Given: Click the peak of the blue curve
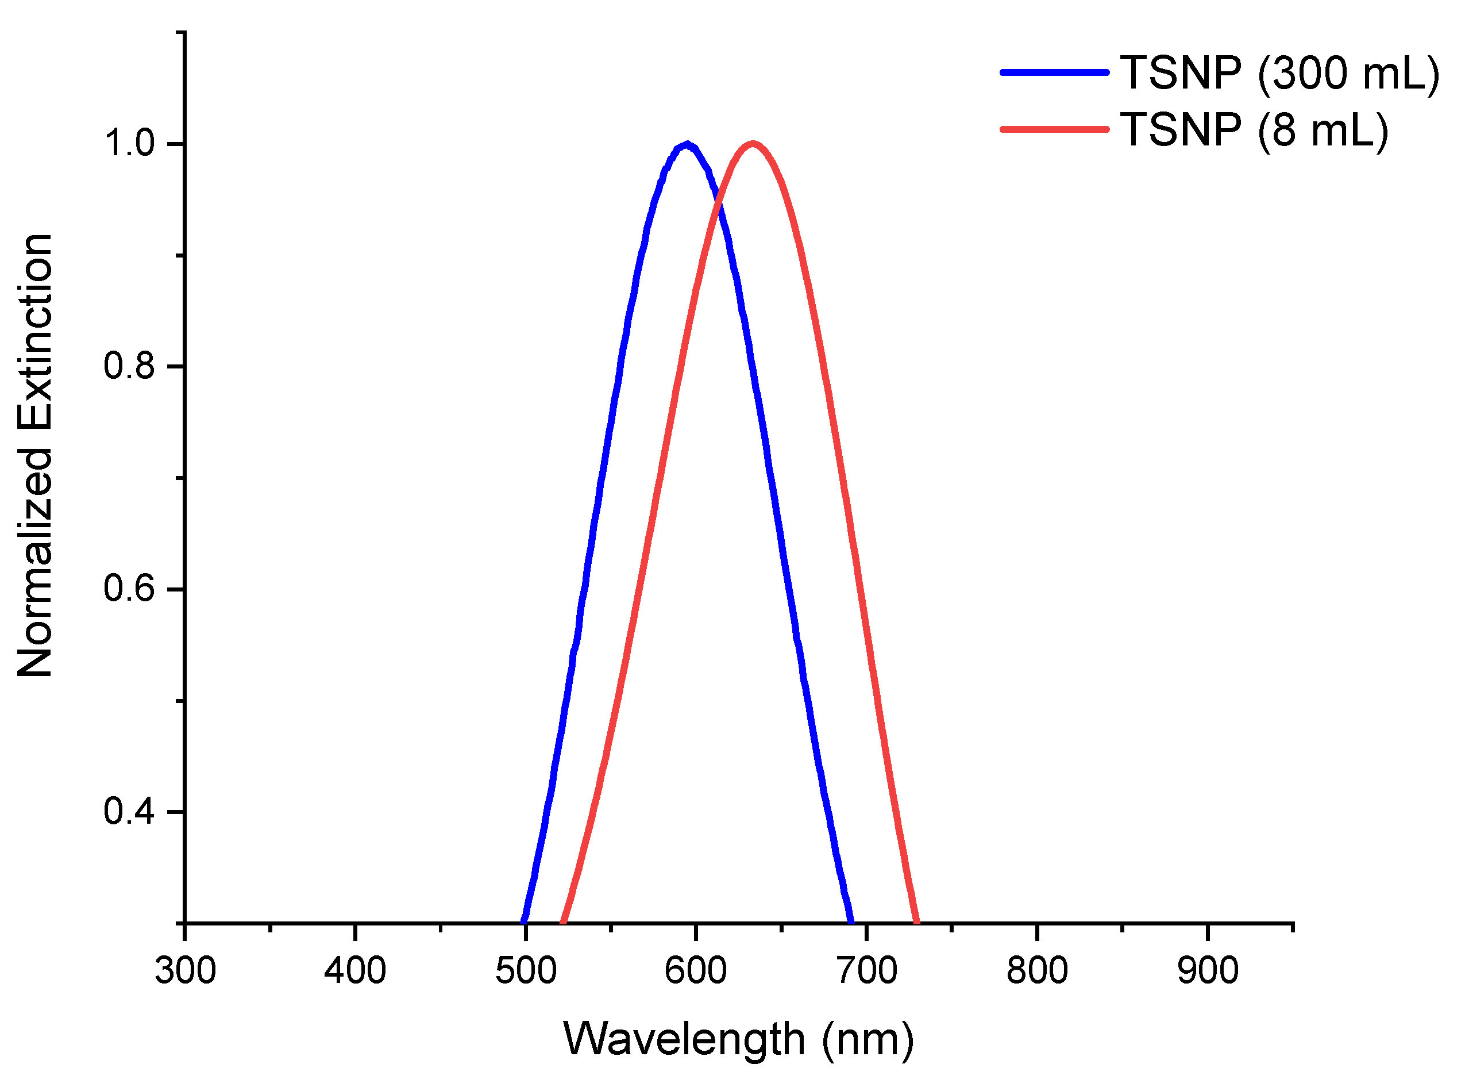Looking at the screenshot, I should (x=687, y=144).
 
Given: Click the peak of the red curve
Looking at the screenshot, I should (x=752, y=144).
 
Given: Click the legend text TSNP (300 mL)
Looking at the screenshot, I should (x=1279, y=73).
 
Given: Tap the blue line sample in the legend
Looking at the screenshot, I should (x=1054, y=72).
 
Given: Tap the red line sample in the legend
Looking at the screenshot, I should (x=1054, y=129).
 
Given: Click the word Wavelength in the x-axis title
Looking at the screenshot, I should (x=684, y=1040).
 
